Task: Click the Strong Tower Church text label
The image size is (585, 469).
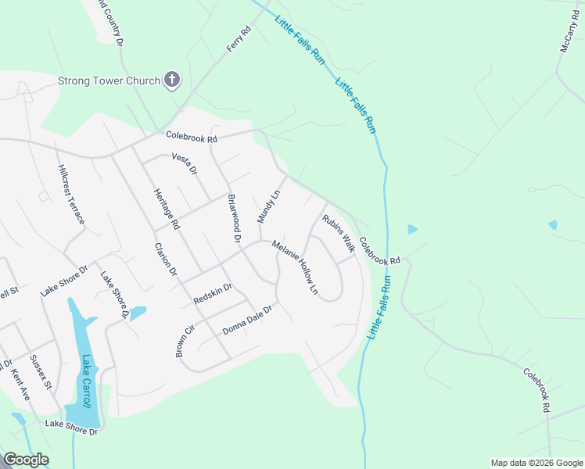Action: point(109,81)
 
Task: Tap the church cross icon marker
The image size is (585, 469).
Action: point(173,80)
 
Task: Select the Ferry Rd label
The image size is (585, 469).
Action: point(238,39)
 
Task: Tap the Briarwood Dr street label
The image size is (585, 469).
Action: point(234,217)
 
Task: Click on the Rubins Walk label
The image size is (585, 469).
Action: point(338,233)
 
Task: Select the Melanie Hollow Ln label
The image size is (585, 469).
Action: point(296,267)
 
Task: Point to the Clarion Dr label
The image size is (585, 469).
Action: point(167,260)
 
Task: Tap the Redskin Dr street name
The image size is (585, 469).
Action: point(213,294)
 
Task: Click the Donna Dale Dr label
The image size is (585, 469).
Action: point(246,320)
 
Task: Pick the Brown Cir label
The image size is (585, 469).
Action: point(184,342)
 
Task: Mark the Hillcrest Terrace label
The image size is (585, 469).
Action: point(70,195)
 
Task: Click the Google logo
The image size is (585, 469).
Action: point(26,460)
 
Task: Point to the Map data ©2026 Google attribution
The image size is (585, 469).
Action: point(537,463)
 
